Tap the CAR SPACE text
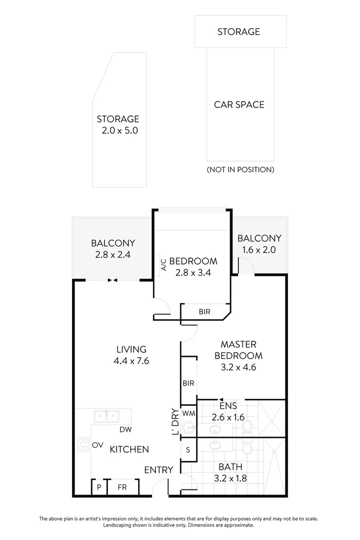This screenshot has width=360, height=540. (239, 104)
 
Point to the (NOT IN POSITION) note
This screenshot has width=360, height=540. (240, 169)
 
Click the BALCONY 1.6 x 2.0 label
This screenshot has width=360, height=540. (259, 244)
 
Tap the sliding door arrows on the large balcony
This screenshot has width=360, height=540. (112, 280)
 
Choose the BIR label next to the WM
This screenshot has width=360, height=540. (188, 383)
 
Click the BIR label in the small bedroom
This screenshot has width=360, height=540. (204, 311)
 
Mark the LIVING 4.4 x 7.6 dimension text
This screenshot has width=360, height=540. (131, 355)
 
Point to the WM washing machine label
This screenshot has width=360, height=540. (188, 413)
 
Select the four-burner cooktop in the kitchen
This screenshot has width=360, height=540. (83, 444)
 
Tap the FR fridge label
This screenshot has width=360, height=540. (122, 486)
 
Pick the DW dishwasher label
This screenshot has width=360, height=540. (125, 429)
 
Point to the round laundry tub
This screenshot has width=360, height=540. (187, 428)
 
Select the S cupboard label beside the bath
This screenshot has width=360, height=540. (188, 449)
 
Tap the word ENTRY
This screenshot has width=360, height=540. (158, 470)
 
